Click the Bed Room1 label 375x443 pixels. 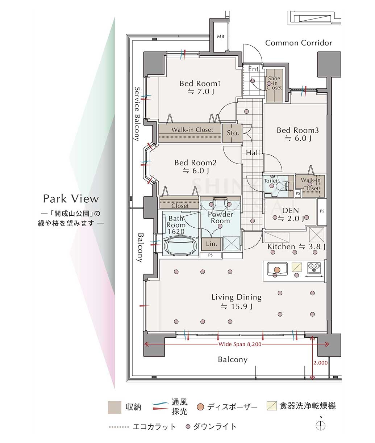(x=200, y=83)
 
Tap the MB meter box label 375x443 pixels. (x=220, y=37)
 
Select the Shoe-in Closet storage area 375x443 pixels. (x=274, y=85)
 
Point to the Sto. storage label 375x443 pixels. (x=233, y=133)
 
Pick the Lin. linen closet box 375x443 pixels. (x=211, y=244)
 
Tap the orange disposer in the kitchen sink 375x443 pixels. (x=277, y=270)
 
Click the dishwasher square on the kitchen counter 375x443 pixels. (x=297, y=267)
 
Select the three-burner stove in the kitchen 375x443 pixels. (x=314, y=268)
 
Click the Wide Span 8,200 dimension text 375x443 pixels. (x=240, y=344)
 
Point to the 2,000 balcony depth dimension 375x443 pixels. (x=321, y=363)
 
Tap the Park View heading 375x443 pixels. (x=71, y=199)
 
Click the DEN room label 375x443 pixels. (x=291, y=210)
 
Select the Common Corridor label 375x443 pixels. (x=299, y=43)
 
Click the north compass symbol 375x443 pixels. (x=321, y=425)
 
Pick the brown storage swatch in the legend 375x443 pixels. (x=114, y=407)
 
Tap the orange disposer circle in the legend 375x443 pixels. (x=200, y=407)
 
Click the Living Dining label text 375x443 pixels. (x=236, y=297)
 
